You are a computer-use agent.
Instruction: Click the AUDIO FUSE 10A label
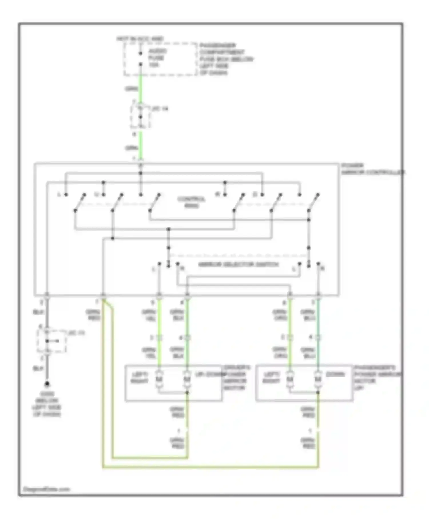pyautogui.click(x=157, y=58)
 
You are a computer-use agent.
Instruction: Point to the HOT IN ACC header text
pyautogui.click(x=140, y=39)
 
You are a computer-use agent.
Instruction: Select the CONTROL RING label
pyautogui.click(x=191, y=202)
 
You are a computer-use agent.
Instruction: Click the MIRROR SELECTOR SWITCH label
pyautogui.click(x=238, y=264)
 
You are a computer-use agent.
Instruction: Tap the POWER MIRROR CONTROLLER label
pyautogui.click(x=372, y=169)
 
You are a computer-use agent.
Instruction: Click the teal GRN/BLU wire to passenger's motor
pyautogui.click(x=318, y=326)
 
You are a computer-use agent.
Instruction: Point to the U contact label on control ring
pyautogui.click(x=97, y=195)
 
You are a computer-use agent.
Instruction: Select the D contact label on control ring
pyautogui.click(x=255, y=195)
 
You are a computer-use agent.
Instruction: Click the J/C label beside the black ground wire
pyautogui.click(x=77, y=333)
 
